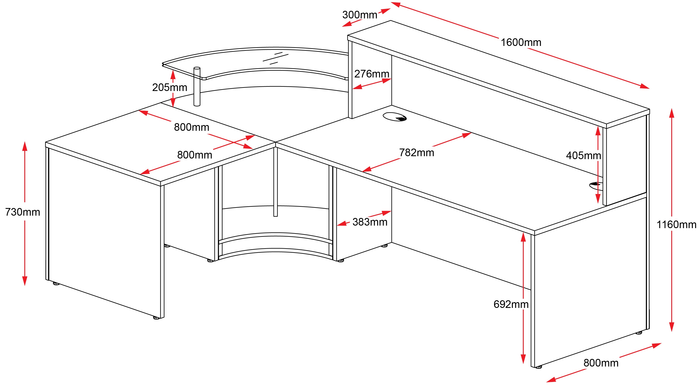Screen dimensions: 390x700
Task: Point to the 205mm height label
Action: tap(170, 88)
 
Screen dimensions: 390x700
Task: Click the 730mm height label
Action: tap(23, 212)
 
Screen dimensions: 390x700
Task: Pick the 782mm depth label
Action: tap(416, 153)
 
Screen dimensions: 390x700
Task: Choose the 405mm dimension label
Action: tap(583, 156)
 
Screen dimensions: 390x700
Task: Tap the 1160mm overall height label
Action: tap(676, 225)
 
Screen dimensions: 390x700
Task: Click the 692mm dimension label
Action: tap(511, 304)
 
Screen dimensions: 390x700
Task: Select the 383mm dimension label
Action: tap(370, 222)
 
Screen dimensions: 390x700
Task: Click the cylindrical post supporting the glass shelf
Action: tap(197, 87)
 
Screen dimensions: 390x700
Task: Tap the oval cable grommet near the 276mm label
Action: tap(395, 117)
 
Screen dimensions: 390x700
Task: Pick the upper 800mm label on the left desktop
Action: tap(191, 127)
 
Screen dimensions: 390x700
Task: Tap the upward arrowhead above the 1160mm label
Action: tap(671, 112)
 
